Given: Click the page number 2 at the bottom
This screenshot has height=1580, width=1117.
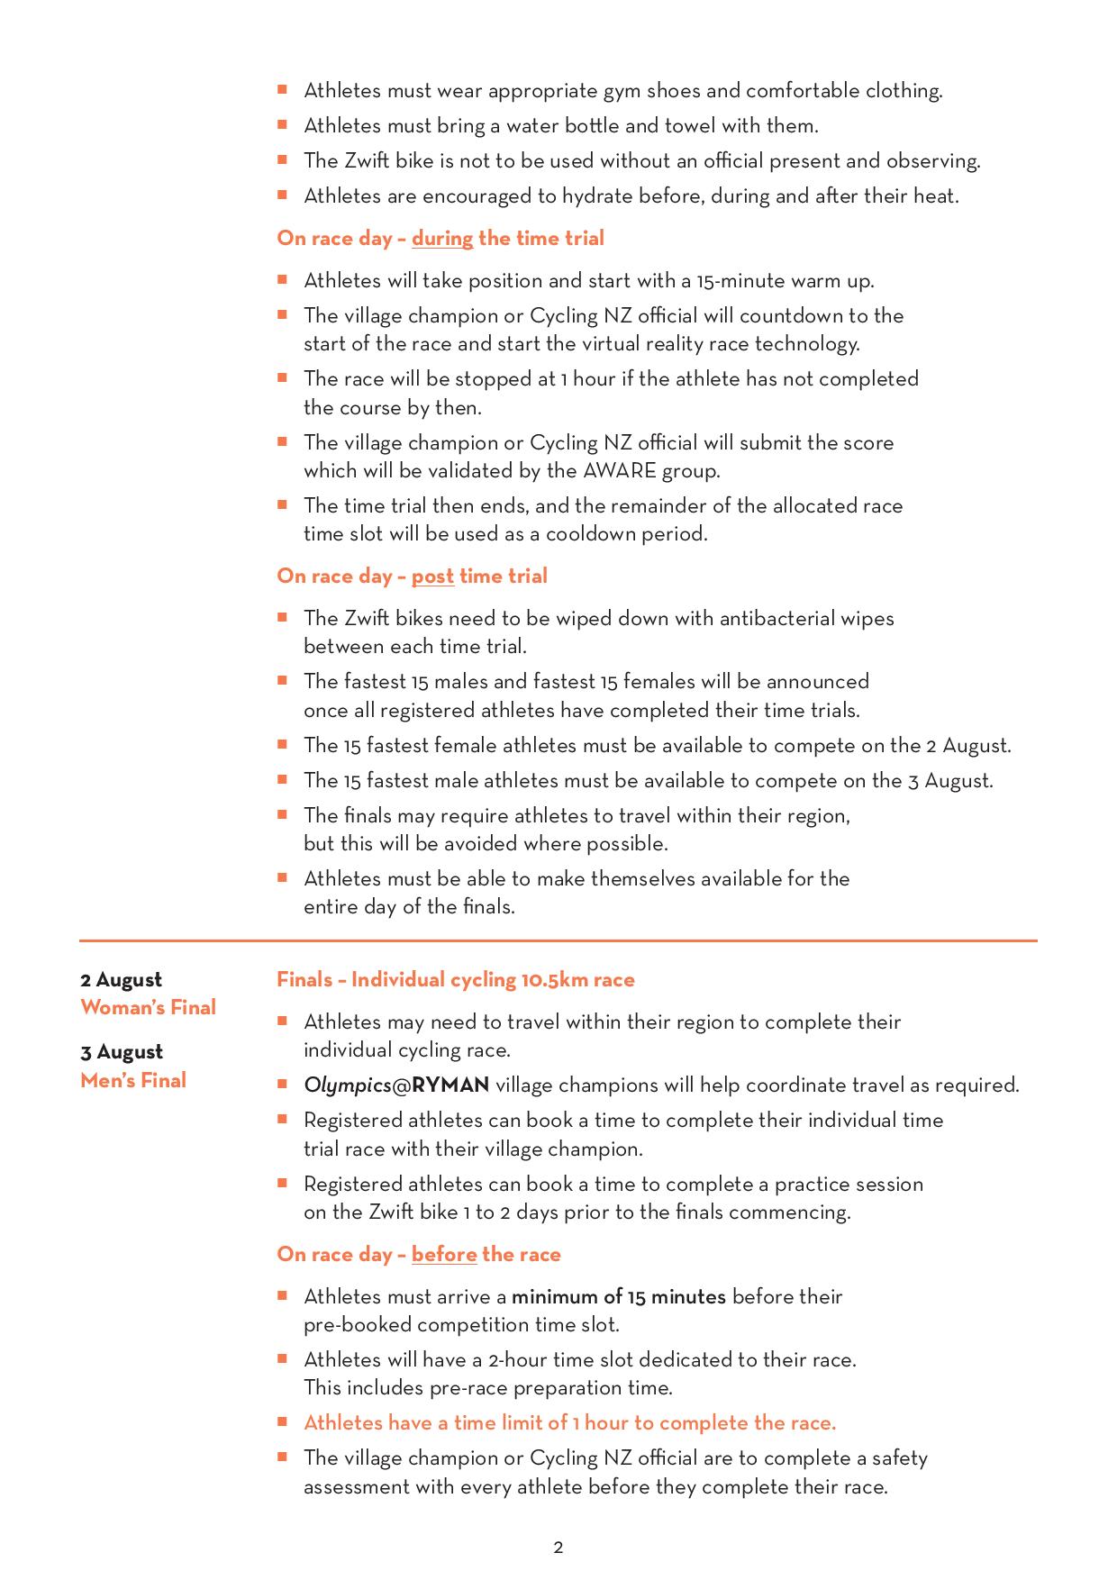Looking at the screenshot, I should pos(558,1548).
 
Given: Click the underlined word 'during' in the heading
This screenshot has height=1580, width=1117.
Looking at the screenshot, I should pos(442,239).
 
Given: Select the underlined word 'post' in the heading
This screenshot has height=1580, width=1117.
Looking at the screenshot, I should pos(432,577).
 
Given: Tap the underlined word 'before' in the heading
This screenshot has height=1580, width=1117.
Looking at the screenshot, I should pos(444,1255).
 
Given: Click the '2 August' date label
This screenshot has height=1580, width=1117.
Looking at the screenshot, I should pos(121,980).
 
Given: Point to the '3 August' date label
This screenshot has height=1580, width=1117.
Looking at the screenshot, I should pos(122,1052).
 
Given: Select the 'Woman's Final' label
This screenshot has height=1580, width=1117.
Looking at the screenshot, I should pos(148,1007).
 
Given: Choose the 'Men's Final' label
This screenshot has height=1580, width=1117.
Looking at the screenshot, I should pos(133,1080).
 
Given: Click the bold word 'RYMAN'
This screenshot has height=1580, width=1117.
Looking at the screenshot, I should pos(450,1085).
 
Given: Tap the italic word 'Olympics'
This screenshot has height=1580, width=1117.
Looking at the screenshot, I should pos(347,1085).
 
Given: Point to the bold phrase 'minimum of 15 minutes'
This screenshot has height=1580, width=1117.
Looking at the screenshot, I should pos(619,1297).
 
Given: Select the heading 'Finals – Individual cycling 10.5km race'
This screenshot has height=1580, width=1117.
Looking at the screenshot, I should pos(456,980).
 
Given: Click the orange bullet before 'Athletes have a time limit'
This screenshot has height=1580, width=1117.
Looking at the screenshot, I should pos(282,1421).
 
